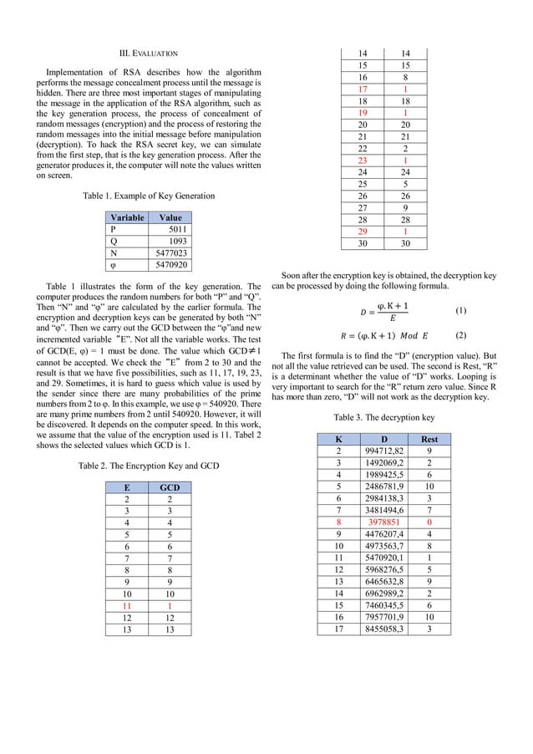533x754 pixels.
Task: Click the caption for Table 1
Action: (149, 196)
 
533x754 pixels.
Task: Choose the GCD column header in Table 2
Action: (170, 487)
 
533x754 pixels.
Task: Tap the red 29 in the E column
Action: (363, 231)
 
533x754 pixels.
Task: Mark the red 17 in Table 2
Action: (363, 89)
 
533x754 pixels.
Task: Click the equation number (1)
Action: (460, 311)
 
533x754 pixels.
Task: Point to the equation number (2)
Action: (460, 335)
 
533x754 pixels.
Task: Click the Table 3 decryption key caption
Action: (383, 416)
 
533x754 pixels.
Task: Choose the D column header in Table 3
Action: (383, 439)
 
